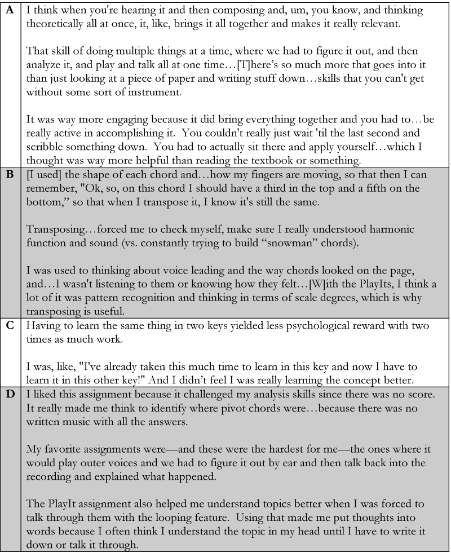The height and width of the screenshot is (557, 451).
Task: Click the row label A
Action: click(x=10, y=10)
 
